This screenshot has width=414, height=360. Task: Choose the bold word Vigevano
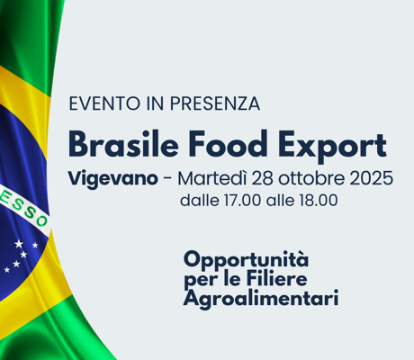click(x=112, y=178)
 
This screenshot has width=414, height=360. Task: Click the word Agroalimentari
click(x=261, y=299)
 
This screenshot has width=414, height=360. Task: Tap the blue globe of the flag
click(x=18, y=180)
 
